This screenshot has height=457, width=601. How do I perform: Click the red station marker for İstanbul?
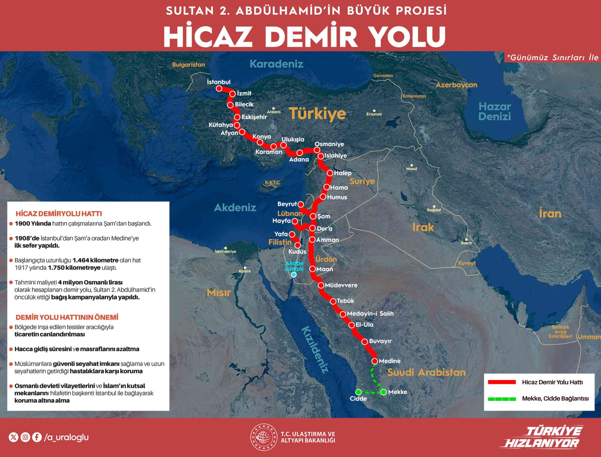tap(219, 89)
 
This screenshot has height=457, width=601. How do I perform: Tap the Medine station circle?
tap(375, 361)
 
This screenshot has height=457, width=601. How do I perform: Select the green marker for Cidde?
tap(358, 392)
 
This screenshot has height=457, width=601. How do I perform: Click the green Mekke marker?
tap(383, 392)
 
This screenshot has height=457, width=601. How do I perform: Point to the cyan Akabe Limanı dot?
tap(294, 275)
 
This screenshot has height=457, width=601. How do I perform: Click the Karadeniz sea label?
tap(276, 64)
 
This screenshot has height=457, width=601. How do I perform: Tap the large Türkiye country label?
tap(317, 114)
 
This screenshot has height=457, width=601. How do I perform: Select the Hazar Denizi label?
tap(494, 111)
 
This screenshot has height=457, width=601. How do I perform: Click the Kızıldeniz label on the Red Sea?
tap(315, 350)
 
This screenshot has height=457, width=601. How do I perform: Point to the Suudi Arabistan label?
tap(426, 372)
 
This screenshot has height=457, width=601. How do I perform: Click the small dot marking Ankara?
tap(274, 109)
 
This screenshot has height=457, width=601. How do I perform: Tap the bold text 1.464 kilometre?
tap(95, 260)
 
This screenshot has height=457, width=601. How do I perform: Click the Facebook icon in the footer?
tap(37, 437)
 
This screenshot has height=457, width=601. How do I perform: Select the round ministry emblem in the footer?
tap(264, 437)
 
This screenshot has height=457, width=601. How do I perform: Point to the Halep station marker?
tap(330, 173)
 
